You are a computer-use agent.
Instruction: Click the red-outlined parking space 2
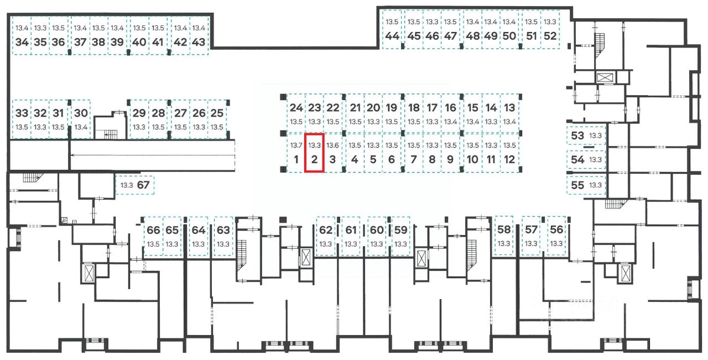pyautogui.click(x=314, y=153)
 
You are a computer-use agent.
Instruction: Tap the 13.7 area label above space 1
pyautogui.click(x=296, y=145)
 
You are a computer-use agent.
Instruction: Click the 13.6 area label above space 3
pyautogui.click(x=332, y=145)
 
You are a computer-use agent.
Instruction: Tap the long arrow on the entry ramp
pyautogui.click(x=152, y=155)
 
